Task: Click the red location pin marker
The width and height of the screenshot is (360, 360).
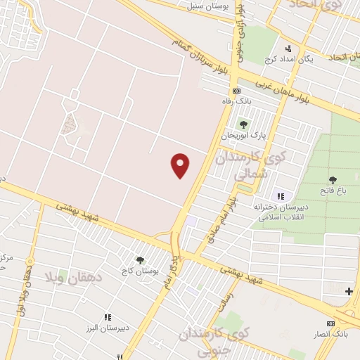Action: [x=181, y=165]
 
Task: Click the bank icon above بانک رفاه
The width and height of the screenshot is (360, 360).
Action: [x=237, y=91]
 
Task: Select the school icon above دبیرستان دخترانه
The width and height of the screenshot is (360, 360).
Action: [x=281, y=195]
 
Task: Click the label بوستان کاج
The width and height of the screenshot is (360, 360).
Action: [x=141, y=271]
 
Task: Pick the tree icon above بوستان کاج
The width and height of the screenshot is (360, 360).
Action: [x=140, y=260]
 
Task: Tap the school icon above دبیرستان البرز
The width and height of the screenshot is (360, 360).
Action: [x=107, y=318]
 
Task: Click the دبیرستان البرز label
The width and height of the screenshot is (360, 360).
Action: [x=107, y=329]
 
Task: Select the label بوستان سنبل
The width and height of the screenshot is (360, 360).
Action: [x=205, y=6]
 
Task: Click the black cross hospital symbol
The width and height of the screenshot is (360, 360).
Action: [x=349, y=291]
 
